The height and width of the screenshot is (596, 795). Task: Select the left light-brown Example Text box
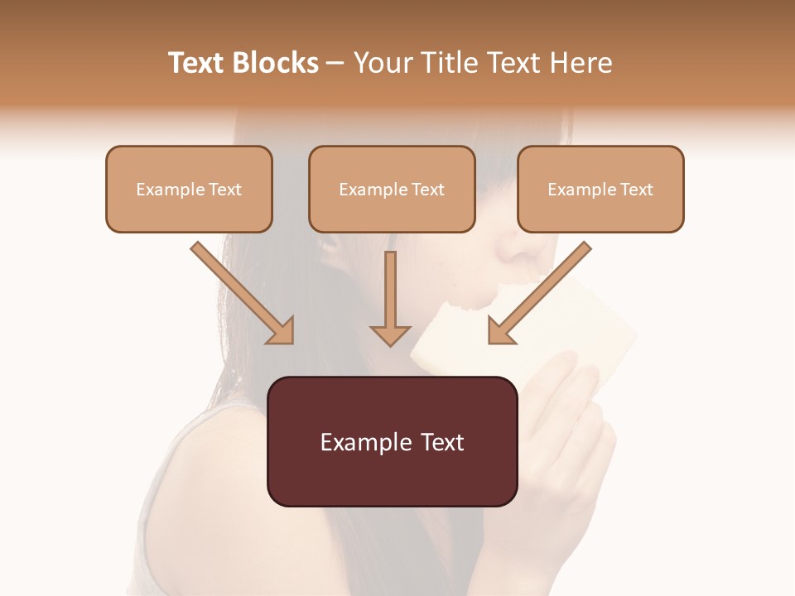pos(189,189)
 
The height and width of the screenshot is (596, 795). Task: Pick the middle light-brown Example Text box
pos(392,189)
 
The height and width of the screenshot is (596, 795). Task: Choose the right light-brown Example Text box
pos(600,189)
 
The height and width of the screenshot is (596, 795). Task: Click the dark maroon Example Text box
pos(392,441)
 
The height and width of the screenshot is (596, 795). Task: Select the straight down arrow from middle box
pos(391,298)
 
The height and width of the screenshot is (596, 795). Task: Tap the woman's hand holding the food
pos(571,414)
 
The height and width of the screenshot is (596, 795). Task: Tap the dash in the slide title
pos(335,64)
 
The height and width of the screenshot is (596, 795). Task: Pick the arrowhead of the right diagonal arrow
pos(502,330)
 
